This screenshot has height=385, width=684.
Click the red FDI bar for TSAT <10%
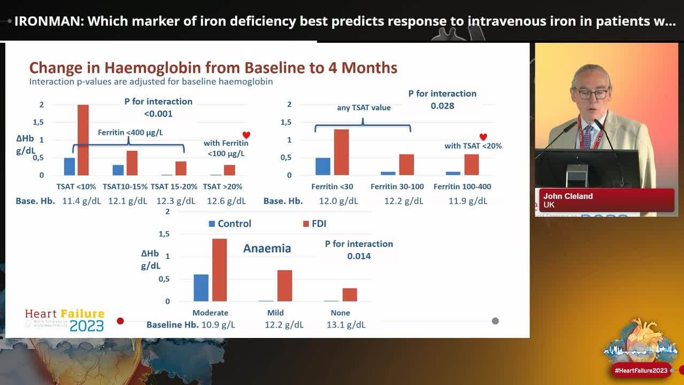(x=83, y=140)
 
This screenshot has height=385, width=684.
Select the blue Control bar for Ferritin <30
(x=323, y=166)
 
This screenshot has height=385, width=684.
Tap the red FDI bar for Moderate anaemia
(x=219, y=270)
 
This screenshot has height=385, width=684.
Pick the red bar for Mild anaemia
(x=285, y=286)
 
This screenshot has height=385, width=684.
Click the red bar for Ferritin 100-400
(x=471, y=165)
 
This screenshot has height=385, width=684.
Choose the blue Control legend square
(x=212, y=224)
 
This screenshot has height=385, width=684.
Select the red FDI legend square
(x=306, y=224)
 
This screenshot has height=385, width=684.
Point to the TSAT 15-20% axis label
(x=174, y=187)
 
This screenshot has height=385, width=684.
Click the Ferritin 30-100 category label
(x=397, y=187)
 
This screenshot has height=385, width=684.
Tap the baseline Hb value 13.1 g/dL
(x=346, y=325)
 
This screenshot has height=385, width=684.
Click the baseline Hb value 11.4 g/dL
(x=80, y=201)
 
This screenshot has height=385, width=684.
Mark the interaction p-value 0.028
(x=442, y=106)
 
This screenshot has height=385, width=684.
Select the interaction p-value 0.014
(x=359, y=256)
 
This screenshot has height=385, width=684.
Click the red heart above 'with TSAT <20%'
(x=483, y=137)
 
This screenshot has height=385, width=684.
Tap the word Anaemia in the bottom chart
(x=267, y=249)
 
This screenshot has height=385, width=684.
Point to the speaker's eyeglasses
(x=592, y=94)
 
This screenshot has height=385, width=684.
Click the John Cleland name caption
(x=568, y=196)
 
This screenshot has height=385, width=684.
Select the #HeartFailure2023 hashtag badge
(x=641, y=371)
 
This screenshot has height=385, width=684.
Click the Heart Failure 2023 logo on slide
(x=65, y=320)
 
